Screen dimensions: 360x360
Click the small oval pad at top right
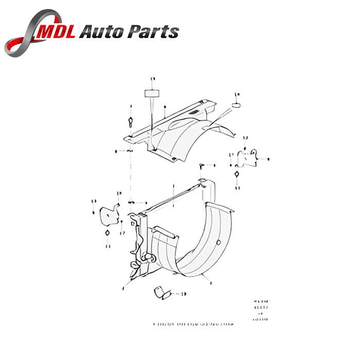tap(237, 105)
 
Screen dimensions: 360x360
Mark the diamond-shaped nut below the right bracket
tap(236, 175)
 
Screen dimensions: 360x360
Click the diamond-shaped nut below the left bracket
tap(107, 232)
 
